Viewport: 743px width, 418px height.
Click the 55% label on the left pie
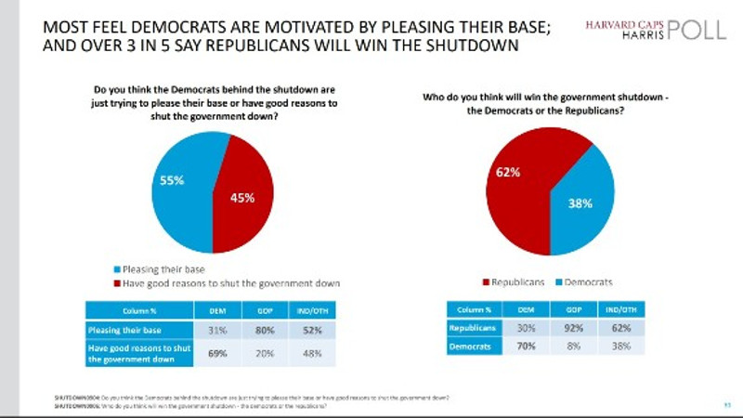pyautogui.click(x=173, y=182)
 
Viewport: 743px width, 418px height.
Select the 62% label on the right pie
pyautogui.click(x=508, y=173)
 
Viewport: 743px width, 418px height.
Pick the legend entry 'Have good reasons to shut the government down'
pyautogui.click(x=224, y=282)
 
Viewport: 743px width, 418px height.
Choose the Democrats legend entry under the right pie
pyautogui.click(x=586, y=281)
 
